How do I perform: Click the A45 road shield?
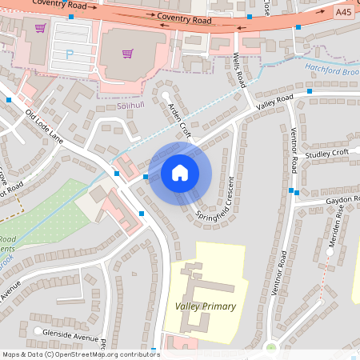[343, 13]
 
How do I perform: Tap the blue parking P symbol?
[69, 54]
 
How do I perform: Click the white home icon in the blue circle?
[180, 172]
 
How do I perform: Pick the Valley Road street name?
[274, 102]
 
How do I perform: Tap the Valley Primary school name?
[205, 306]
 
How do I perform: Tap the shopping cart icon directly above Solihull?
[127, 54]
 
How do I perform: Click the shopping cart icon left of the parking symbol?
[40, 29]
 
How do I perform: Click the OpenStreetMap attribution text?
[80, 354]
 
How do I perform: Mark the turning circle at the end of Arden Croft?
[166, 96]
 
